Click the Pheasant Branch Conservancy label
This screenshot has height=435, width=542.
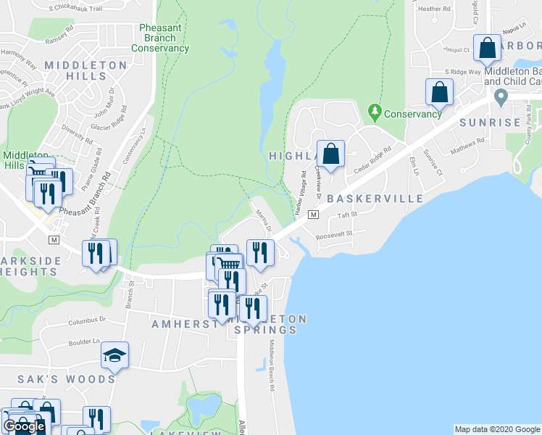[x=160, y=38]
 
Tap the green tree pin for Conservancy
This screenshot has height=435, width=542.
[x=375, y=112]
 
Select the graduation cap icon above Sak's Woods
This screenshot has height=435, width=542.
[x=114, y=355]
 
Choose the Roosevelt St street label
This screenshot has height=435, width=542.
[x=334, y=234]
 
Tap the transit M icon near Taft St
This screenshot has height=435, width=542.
[x=314, y=215]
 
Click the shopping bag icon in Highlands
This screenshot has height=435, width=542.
[x=330, y=154]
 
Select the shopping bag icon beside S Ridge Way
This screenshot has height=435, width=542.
[x=439, y=92]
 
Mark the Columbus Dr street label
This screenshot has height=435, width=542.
[x=87, y=320]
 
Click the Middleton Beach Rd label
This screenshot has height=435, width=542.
[x=272, y=366]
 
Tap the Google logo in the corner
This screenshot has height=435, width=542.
[x=24, y=426]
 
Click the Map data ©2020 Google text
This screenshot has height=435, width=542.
[x=496, y=429]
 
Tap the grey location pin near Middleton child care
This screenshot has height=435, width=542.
[x=498, y=96]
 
